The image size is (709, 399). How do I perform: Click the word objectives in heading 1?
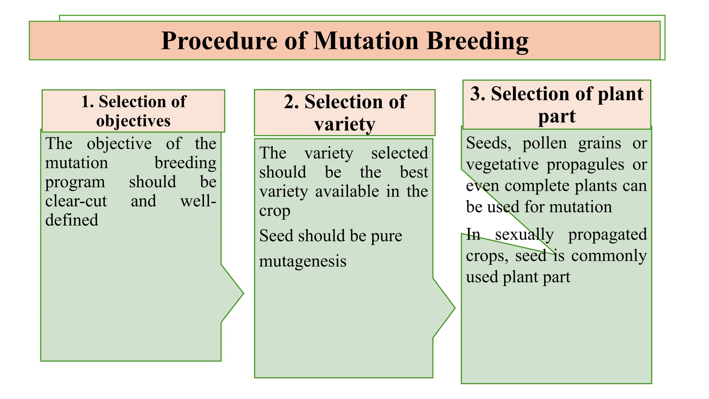[x=133, y=121]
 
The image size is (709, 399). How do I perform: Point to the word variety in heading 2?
[x=344, y=124]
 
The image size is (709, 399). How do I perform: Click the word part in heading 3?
[x=557, y=116]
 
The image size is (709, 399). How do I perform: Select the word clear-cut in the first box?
[x=76, y=201]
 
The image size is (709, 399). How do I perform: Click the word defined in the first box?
[x=72, y=220]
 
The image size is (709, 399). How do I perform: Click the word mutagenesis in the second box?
[x=303, y=261]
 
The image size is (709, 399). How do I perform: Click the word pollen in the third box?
[x=545, y=143]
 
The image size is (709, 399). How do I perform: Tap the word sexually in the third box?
[x=524, y=234]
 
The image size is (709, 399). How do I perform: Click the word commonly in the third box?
[x=609, y=256]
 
